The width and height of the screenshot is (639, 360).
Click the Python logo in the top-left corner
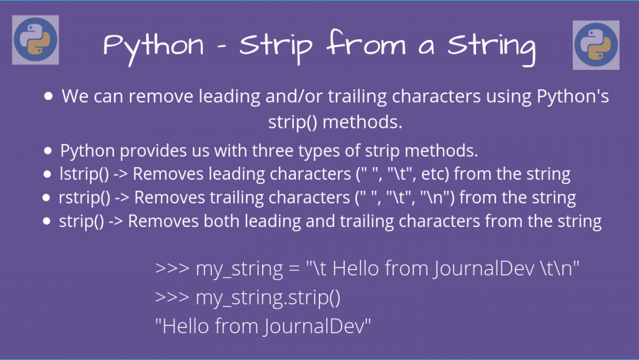point(36,41)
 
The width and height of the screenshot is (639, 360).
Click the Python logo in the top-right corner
point(596,44)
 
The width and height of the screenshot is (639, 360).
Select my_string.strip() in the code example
point(268,298)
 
